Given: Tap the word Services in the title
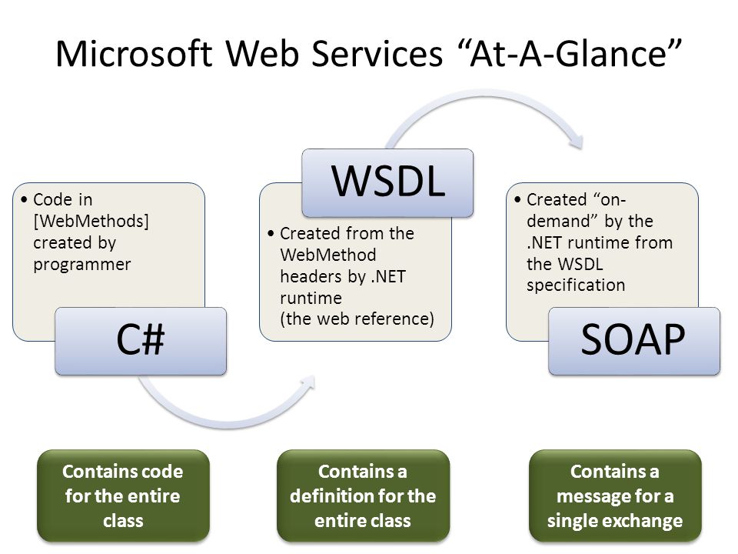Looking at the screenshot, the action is (377, 53).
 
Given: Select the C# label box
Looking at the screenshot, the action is (141, 341).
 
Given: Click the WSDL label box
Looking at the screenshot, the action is (387, 183).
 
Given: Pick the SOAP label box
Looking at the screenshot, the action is (634, 341).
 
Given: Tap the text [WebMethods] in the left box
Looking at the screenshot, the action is (91, 221).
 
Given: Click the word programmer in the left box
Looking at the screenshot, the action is (82, 264).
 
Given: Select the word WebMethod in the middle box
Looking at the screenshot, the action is (328, 255).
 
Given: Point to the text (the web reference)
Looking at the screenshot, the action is (357, 319).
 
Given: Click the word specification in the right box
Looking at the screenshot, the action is (576, 285).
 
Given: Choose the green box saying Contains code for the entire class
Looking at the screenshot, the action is (123, 496).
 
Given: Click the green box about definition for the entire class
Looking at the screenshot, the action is (363, 496).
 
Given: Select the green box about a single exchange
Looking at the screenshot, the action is (615, 496).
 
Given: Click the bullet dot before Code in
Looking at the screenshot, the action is (24, 200).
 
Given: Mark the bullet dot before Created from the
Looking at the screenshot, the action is (271, 234).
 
